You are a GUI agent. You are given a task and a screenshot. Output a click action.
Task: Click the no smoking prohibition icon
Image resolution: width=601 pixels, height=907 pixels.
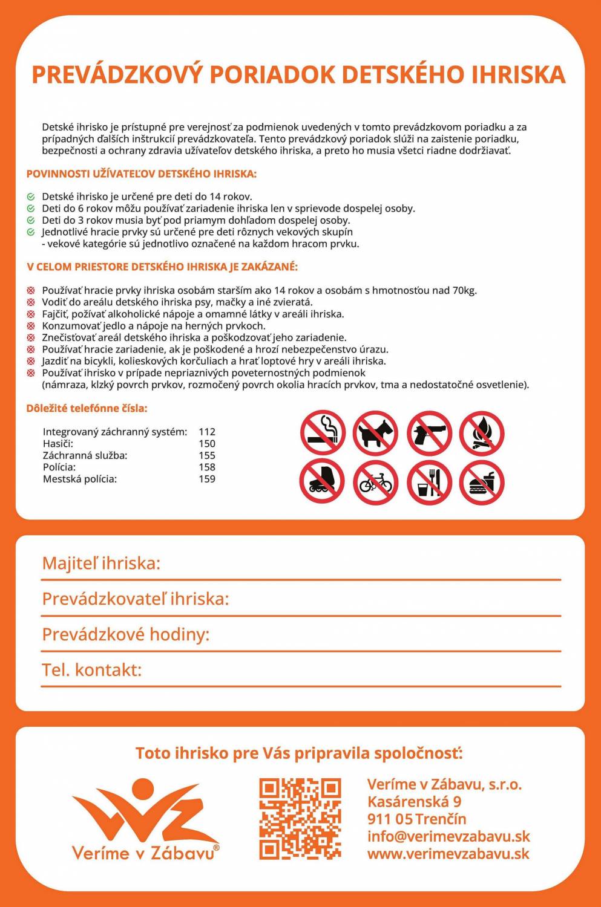(323, 433)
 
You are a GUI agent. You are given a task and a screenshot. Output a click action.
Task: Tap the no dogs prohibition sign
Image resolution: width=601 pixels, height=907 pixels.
(375, 433)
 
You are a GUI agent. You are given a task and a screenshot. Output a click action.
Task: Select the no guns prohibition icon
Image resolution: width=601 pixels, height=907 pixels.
(429, 433)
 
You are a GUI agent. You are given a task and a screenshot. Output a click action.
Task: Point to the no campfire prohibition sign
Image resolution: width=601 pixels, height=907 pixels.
(482, 433)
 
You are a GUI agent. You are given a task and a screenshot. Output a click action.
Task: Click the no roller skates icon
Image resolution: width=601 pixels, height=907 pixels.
(323, 482)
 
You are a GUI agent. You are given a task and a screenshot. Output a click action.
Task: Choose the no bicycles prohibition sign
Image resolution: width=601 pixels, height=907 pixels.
(375, 482)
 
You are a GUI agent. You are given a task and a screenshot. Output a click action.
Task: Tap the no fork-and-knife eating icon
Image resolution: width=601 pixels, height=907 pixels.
(429, 482)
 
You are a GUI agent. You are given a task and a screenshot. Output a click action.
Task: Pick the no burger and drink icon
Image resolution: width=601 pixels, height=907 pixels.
(482, 482)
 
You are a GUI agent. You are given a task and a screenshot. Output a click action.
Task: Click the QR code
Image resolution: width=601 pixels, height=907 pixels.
(300, 819)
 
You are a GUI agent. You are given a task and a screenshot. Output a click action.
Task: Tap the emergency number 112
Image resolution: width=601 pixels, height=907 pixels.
(207, 432)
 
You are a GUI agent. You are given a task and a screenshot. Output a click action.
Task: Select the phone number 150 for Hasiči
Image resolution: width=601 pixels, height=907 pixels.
(207, 444)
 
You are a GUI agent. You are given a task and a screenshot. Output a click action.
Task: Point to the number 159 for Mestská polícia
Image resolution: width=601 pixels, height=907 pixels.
(207, 479)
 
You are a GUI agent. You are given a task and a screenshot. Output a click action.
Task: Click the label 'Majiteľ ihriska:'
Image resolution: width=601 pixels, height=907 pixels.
(101, 564)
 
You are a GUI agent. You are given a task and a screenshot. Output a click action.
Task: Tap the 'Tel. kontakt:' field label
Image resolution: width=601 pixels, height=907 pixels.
(91, 670)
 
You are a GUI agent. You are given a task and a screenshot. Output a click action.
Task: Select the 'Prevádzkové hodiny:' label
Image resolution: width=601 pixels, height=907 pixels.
(125, 634)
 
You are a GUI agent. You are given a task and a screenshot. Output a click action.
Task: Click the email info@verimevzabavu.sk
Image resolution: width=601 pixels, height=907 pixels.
(448, 836)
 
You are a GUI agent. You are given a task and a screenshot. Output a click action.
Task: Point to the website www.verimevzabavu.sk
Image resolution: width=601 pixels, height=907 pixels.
(448, 854)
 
